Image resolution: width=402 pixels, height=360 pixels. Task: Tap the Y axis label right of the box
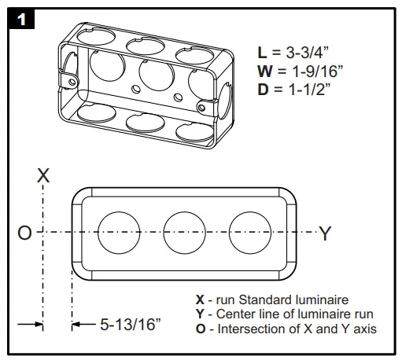[x=325, y=233]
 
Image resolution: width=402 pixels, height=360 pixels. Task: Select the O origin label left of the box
[x=24, y=233]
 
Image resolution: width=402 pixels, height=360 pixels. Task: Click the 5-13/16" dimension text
[x=131, y=324]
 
